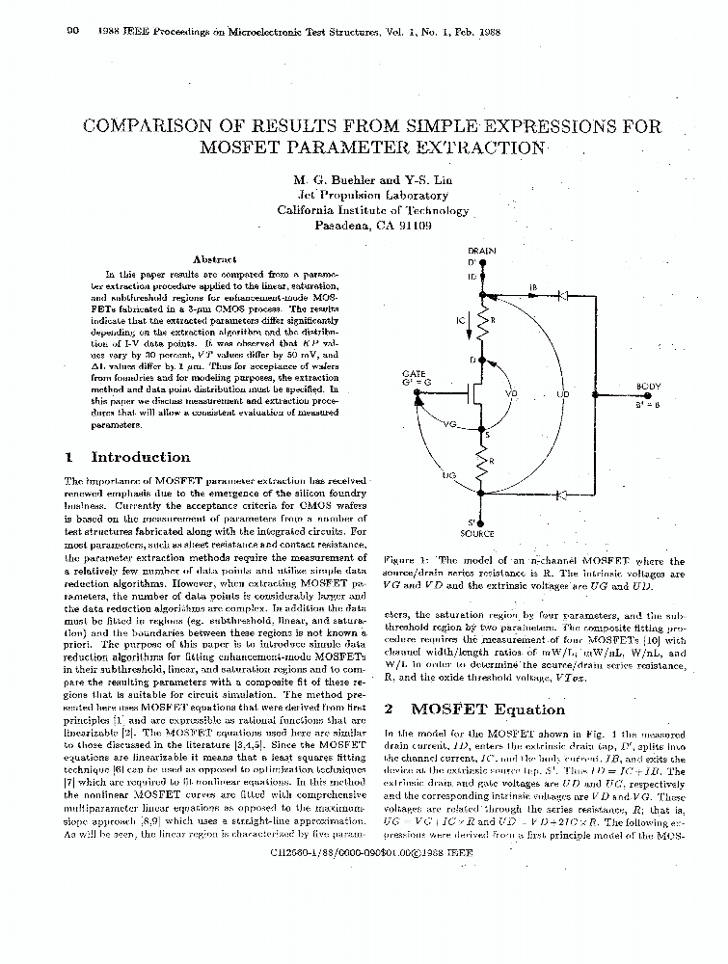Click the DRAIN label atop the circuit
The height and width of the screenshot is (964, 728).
480,251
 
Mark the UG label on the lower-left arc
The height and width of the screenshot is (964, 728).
448,475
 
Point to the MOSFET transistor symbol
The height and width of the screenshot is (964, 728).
472,395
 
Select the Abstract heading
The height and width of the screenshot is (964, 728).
214,259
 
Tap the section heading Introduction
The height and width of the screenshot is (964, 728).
141,457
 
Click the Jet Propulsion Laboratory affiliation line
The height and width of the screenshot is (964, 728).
372,195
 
